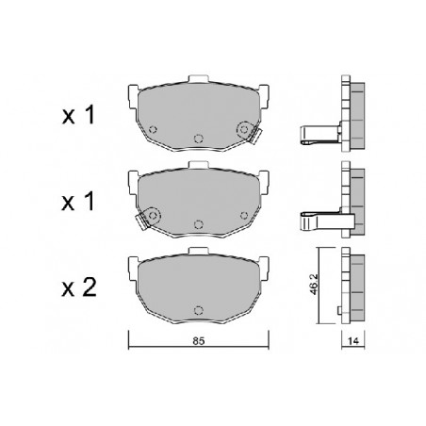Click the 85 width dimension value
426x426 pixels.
199,341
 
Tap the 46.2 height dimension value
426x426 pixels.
314,285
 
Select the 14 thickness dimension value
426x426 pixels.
353,341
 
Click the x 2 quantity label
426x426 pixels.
79,288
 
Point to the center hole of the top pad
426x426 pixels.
198,139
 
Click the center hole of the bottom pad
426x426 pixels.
198,310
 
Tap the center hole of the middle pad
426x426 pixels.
198,224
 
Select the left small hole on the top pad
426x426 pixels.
153,129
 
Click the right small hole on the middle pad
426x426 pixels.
244,215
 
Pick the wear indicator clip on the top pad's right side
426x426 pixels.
255,136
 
